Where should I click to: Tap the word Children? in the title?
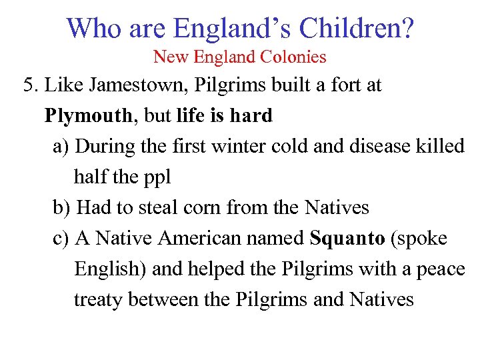click(x=357, y=28)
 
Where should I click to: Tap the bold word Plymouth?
click(x=88, y=116)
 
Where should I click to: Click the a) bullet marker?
click(x=61, y=147)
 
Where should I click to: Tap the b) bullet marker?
click(x=61, y=208)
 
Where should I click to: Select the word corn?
click(x=200, y=208)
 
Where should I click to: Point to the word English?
click(x=111, y=269)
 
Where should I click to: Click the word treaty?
click(x=99, y=300)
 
